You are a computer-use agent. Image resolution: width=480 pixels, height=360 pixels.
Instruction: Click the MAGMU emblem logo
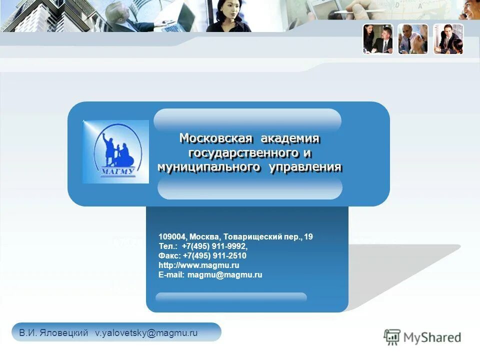(115, 151)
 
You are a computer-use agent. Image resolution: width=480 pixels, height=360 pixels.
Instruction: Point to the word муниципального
(209, 167)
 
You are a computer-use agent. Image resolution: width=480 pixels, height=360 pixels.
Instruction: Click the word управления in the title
(305, 167)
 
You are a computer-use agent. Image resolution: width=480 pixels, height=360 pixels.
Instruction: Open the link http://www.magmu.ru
(198, 265)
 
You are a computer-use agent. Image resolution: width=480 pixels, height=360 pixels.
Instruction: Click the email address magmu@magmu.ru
(224, 275)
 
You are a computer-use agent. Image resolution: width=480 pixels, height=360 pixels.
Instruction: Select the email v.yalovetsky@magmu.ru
(146, 333)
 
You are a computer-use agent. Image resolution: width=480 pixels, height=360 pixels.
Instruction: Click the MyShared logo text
(432, 337)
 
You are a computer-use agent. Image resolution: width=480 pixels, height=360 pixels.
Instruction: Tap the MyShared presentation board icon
(392, 337)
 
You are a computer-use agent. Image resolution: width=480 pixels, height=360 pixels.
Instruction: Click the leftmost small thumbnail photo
(378, 39)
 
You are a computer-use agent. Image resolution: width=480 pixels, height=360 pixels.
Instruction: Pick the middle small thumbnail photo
(413, 39)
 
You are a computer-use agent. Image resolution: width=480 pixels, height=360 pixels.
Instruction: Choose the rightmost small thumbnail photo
(448, 39)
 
